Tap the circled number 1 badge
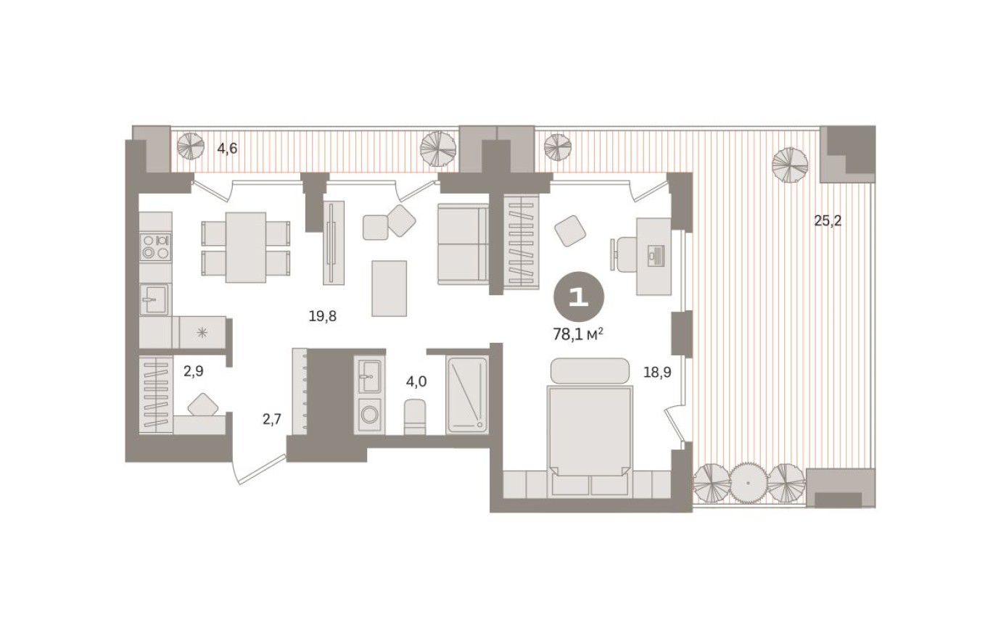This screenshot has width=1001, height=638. pos(578,298)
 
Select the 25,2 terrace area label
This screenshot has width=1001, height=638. pos(828,221)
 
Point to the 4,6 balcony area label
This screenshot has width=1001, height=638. pos(227,149)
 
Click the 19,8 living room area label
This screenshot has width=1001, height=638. pos(323,315)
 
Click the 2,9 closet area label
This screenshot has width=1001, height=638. pos(194,371)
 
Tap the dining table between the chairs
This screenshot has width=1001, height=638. pos(245,247)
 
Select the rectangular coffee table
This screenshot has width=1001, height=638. pos(391,288)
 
